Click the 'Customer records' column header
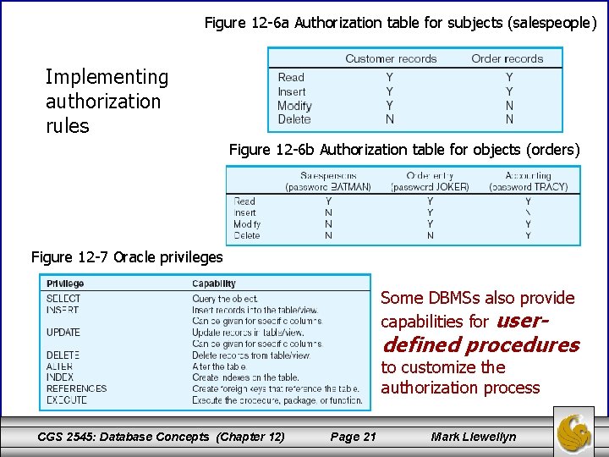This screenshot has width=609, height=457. click(391, 59)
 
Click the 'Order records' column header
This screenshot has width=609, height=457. click(507, 59)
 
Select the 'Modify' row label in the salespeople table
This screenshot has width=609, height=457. click(294, 106)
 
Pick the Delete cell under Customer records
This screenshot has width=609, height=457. click(389, 119)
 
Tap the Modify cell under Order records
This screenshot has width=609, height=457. click(509, 106)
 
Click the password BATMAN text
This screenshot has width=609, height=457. click(328, 187)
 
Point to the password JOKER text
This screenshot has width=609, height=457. click(430, 187)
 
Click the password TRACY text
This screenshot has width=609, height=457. click(528, 187)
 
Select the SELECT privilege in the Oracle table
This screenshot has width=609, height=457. click(63, 299)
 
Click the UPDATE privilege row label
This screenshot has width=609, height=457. click(63, 333)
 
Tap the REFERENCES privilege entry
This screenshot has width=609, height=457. click(76, 389)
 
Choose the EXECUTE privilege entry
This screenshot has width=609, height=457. click(67, 400)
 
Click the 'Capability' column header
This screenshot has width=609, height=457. click(214, 284)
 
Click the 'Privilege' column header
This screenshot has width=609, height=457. click(65, 284)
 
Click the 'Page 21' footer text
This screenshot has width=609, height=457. click(353, 437)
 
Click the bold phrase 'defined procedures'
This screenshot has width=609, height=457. click(480, 345)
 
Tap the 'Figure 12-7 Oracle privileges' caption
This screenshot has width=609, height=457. click(127, 256)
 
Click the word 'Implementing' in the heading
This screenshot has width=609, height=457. click(107, 78)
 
